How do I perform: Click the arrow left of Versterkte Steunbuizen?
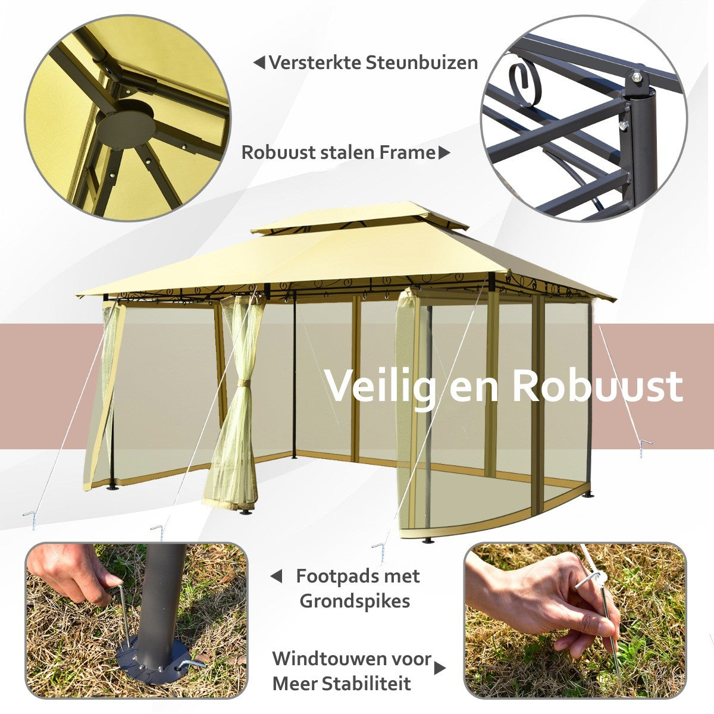(259, 62)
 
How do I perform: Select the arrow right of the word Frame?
(444, 153)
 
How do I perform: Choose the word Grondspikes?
(355, 601)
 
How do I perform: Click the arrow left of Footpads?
(276, 576)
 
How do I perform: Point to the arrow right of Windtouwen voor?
(440, 668)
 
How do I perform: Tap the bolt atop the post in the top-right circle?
(636, 77)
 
